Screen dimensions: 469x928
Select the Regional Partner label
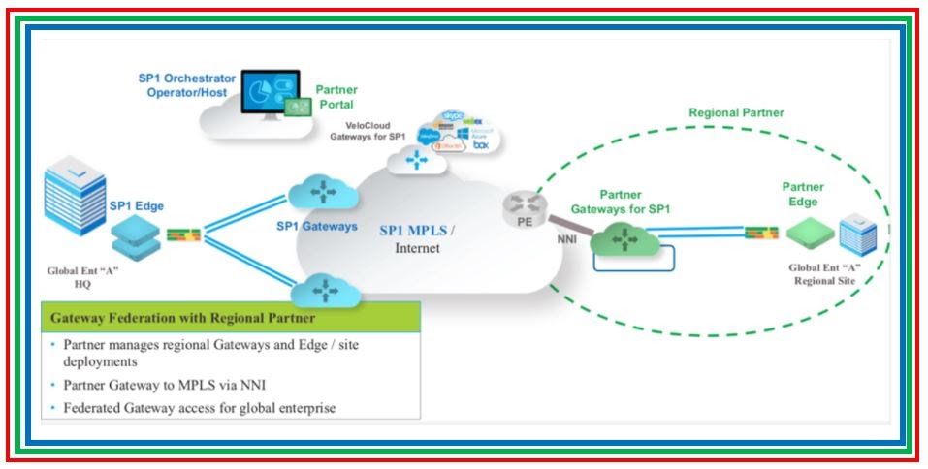coord(736,112)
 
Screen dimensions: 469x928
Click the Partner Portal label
coord(336,97)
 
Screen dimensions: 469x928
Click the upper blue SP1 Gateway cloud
coord(320,191)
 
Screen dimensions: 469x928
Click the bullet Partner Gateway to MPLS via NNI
coord(175,385)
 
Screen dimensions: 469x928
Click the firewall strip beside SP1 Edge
coord(183,234)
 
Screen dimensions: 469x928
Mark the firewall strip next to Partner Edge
coord(763,232)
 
